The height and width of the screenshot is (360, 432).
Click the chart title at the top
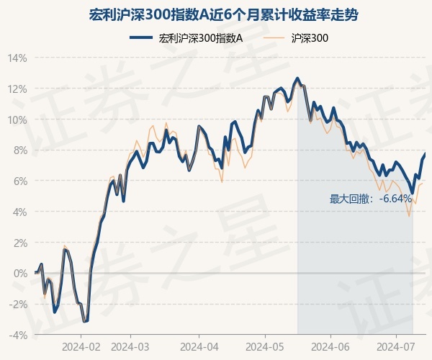tap(215, 14)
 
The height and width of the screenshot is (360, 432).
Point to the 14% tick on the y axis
tap(17, 58)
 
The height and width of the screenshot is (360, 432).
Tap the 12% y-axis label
tap(17, 89)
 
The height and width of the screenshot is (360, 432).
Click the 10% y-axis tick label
tap(17, 120)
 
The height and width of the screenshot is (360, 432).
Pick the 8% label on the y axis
tap(19, 150)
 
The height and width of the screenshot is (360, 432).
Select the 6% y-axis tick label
tap(19, 181)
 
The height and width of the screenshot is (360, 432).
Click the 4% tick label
tap(19, 212)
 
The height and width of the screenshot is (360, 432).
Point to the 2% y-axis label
tap(19, 243)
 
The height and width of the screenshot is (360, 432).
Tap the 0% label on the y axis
tap(19, 274)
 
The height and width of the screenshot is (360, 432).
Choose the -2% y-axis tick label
tap(18, 305)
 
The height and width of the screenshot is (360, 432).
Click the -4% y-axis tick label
tap(18, 335)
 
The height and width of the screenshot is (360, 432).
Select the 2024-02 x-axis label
tap(81, 347)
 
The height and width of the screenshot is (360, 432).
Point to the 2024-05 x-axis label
tap(264, 347)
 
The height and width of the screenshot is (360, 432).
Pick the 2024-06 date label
tap(330, 347)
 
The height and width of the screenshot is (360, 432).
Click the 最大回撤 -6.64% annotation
tap(371, 199)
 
